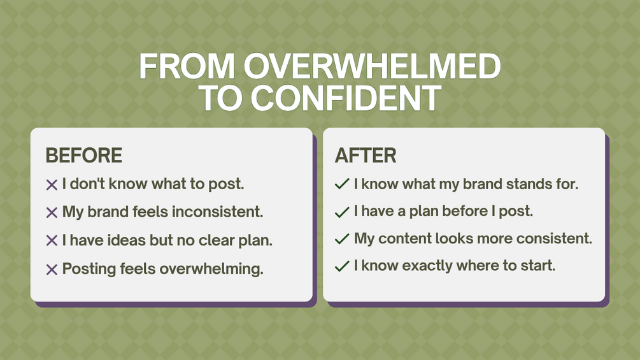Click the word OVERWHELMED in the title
tap(373, 66)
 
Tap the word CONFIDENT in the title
tap(346, 98)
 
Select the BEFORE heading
tap(83, 155)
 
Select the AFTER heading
tap(366, 155)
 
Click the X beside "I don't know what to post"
tap(52, 185)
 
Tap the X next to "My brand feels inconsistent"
tap(52, 213)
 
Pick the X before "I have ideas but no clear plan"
tap(52, 241)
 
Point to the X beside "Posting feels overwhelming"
tap(52, 270)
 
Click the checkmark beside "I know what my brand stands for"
tap(342, 184)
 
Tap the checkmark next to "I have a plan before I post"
tap(342, 212)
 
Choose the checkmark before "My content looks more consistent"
tap(342, 239)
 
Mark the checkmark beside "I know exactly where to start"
tap(342, 266)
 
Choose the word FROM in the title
tap(187, 66)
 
